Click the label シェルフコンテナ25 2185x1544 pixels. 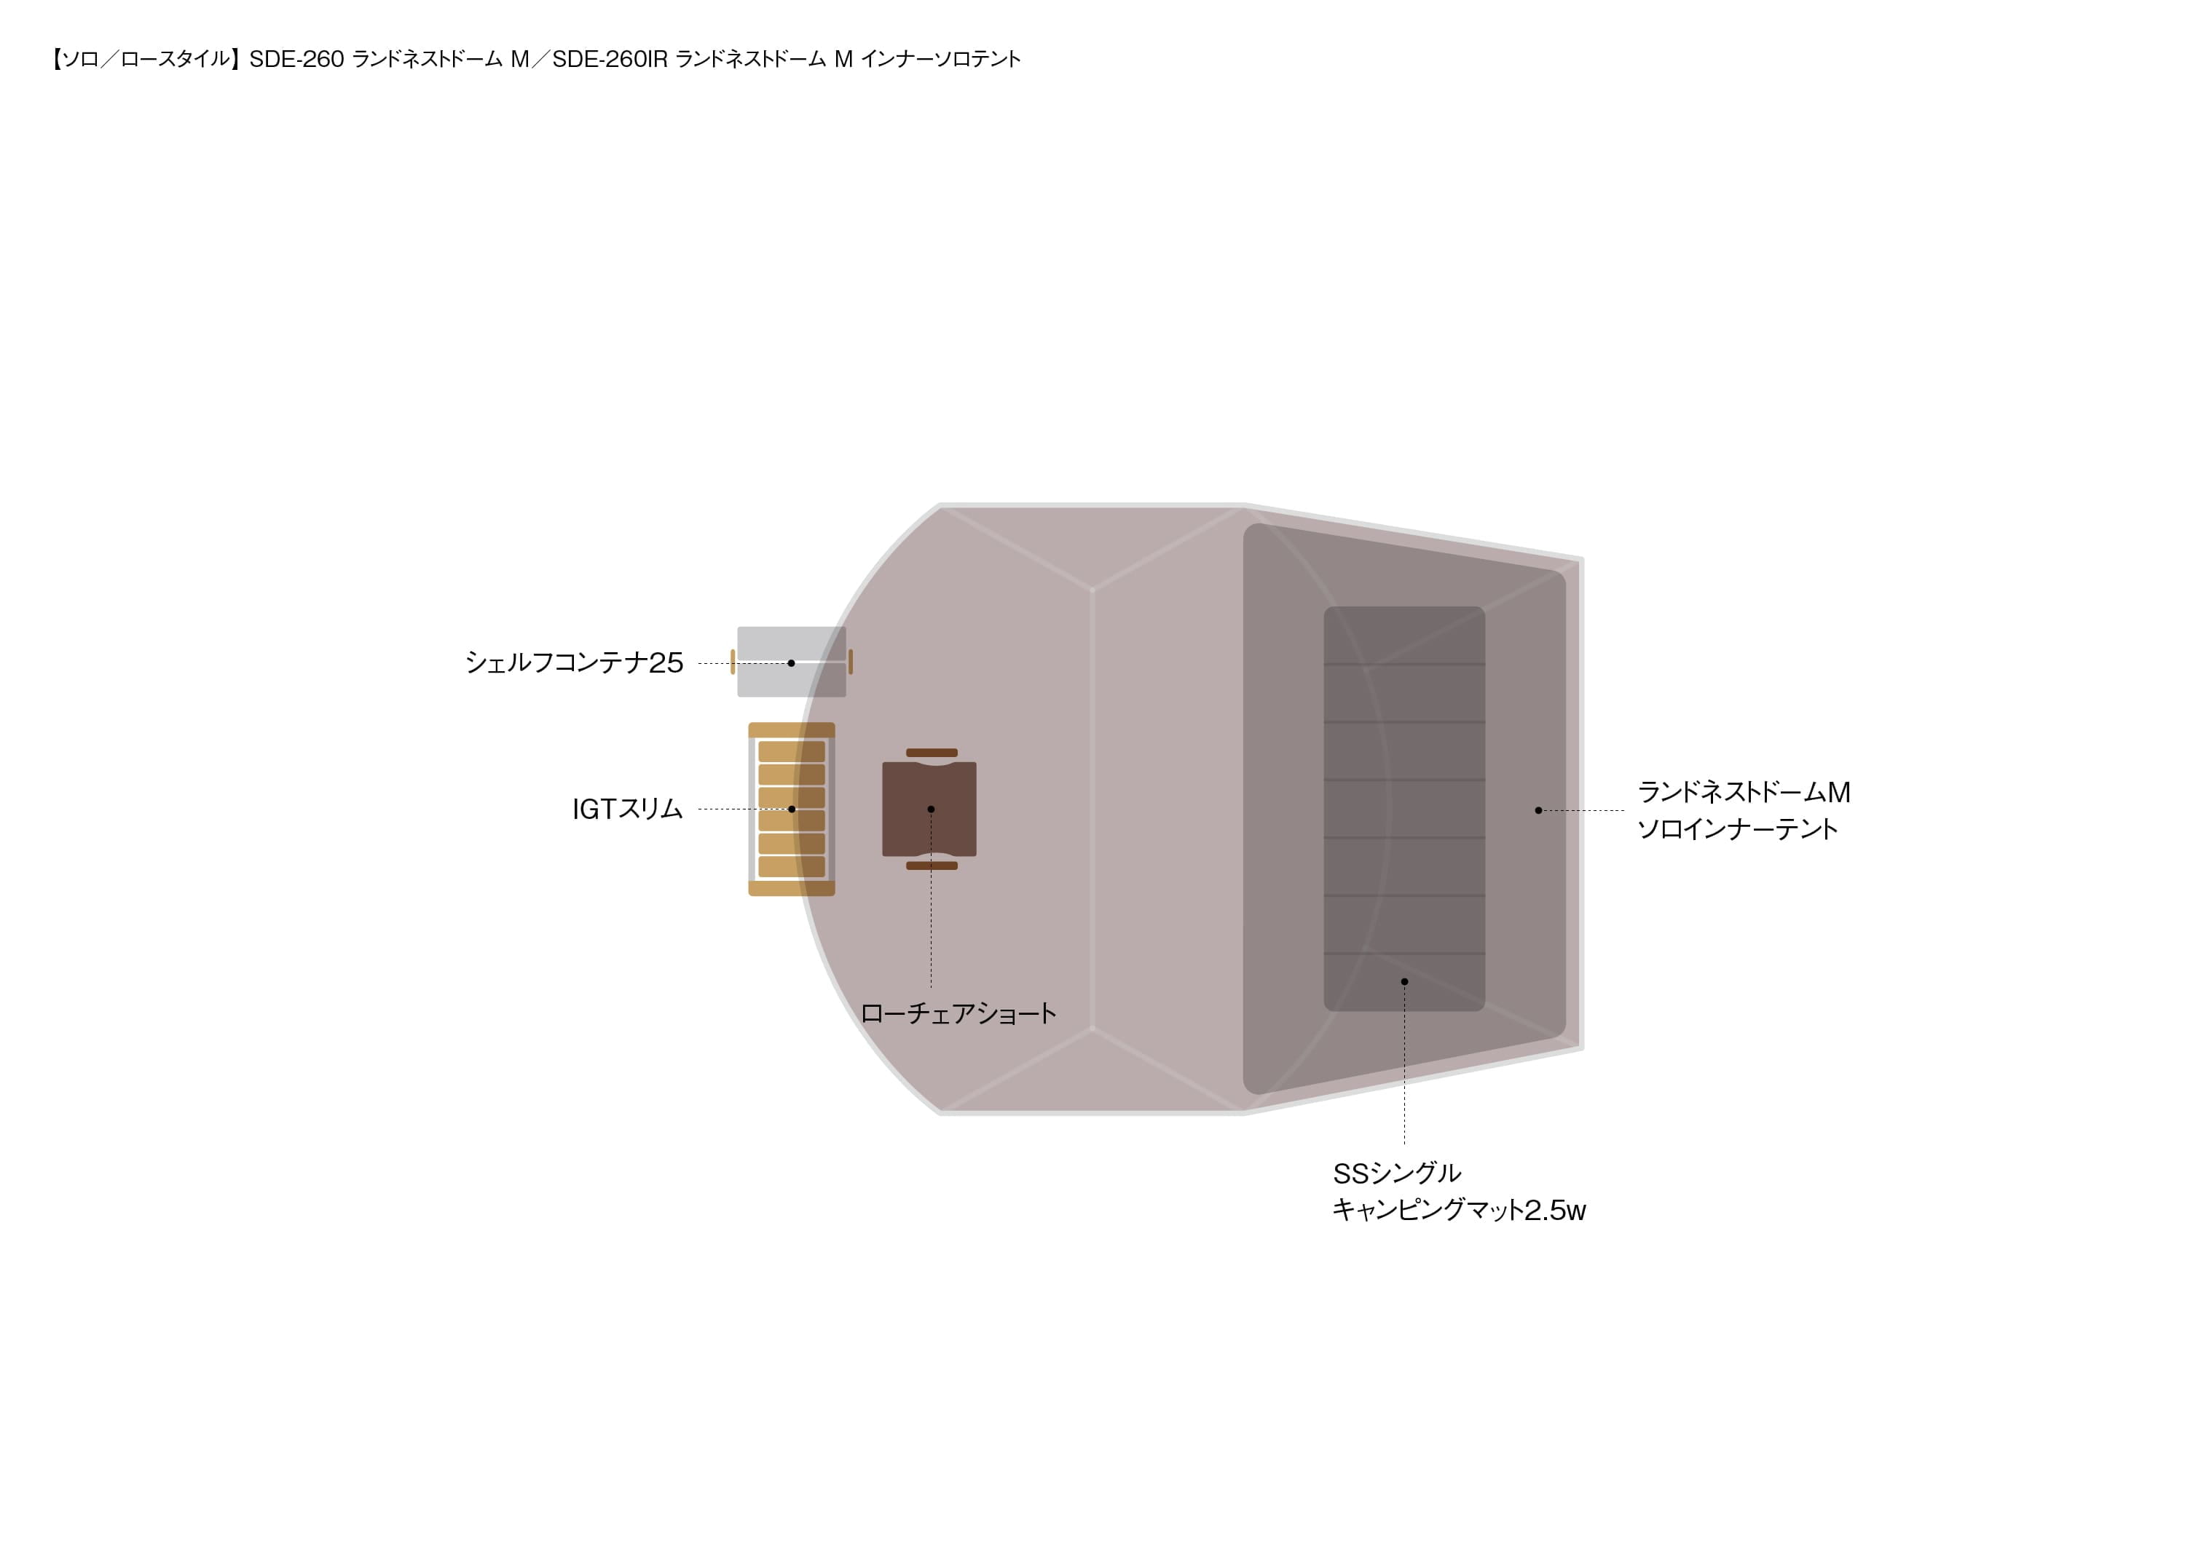click(x=574, y=662)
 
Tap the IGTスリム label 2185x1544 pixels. click(x=627, y=809)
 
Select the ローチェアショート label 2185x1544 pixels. click(x=958, y=1014)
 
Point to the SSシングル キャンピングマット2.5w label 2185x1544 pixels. click(x=1459, y=1192)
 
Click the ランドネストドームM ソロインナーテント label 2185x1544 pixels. click(x=1744, y=810)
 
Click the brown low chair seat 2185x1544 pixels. click(x=930, y=809)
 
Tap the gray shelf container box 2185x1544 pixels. click(x=792, y=662)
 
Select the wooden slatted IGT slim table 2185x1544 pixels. click(x=792, y=809)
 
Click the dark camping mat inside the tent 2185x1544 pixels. click(x=1405, y=809)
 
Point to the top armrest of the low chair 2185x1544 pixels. click(x=932, y=753)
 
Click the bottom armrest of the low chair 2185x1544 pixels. click(x=932, y=866)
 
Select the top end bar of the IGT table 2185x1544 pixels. click(x=792, y=729)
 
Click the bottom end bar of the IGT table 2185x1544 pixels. click(x=792, y=889)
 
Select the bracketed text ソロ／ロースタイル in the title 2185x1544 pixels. click(x=146, y=59)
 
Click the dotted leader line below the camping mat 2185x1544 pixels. click(x=1405, y=1064)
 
